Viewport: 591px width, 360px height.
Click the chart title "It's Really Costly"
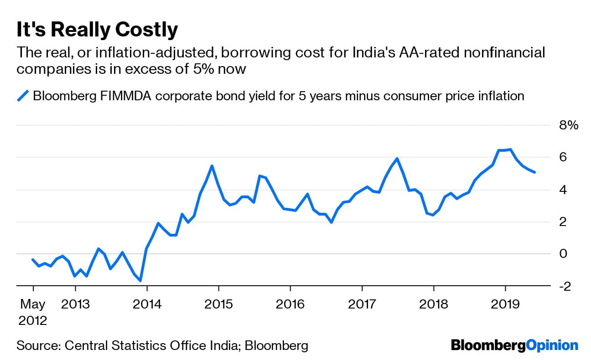tap(97, 30)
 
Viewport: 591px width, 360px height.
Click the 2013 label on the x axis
tap(75, 304)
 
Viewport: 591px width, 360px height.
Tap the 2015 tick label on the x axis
tap(218, 304)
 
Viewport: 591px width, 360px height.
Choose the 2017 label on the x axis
tap(362, 304)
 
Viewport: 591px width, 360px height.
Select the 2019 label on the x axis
tap(505, 304)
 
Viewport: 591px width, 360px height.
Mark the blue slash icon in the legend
tap(23, 96)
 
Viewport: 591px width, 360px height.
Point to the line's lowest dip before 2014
tap(140, 281)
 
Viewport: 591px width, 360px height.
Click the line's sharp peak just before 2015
tap(212, 166)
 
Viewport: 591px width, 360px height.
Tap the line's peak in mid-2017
tap(397, 159)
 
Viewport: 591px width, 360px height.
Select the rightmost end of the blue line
tap(534, 172)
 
